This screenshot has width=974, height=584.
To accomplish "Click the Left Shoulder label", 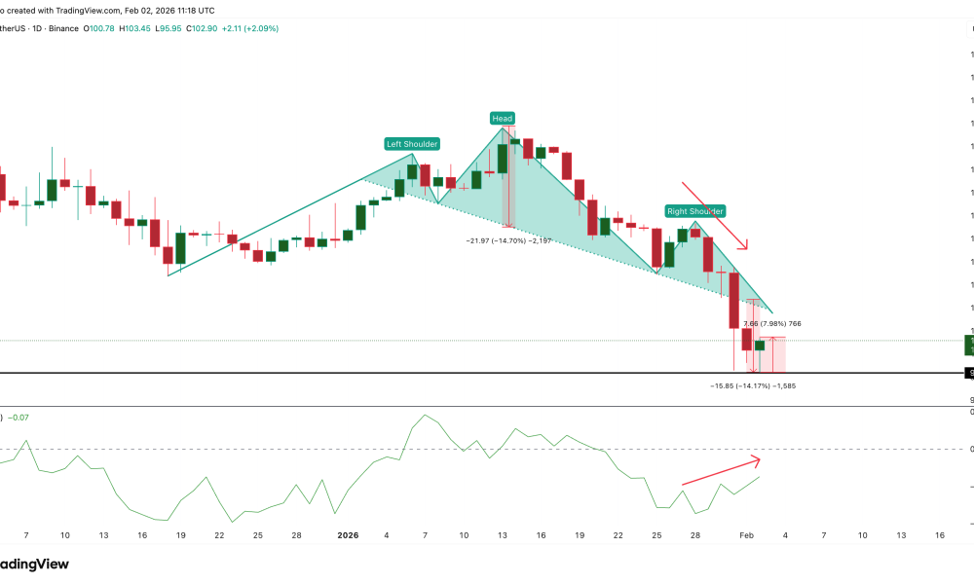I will click(x=412, y=144).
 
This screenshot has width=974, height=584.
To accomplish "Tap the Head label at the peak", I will click(x=502, y=119).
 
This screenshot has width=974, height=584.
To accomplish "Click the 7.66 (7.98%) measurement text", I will click(x=772, y=323).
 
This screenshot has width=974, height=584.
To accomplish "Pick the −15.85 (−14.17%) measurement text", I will click(x=753, y=385).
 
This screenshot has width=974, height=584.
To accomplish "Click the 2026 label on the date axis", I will click(x=348, y=535).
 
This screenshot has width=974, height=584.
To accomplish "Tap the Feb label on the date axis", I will click(x=746, y=535).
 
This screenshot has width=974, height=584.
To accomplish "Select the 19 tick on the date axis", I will click(x=579, y=535).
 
